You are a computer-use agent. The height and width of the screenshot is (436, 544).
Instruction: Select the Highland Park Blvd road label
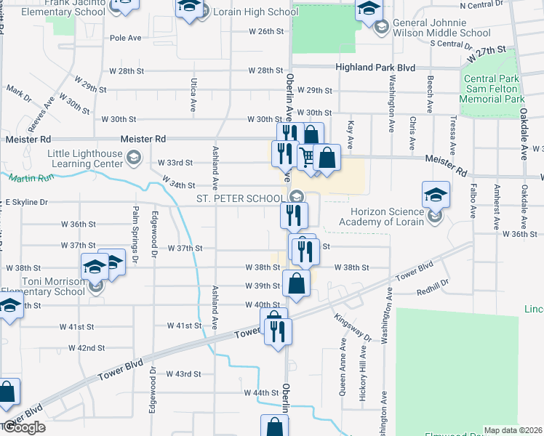pyautogui.click(x=375, y=68)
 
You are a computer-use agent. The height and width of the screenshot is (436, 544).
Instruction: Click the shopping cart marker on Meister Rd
pyautogui.click(x=308, y=157)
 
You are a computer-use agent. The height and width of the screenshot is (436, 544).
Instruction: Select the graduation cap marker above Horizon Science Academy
pyautogui.click(x=436, y=194)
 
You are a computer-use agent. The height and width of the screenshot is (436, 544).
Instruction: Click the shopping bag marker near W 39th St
pyautogui.click(x=296, y=283)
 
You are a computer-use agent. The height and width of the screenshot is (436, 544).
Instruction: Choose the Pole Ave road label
pyautogui.click(x=124, y=37)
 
